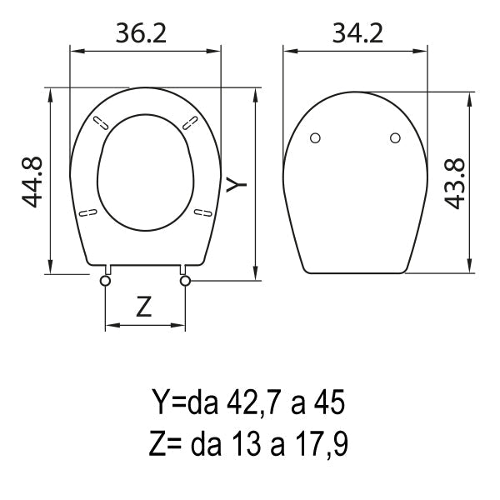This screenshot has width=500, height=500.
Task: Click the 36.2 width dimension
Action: click(141, 33)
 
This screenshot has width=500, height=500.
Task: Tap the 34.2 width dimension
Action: click(357, 33)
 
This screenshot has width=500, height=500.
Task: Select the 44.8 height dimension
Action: click(32, 182)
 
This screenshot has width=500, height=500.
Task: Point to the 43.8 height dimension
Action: click(455, 183)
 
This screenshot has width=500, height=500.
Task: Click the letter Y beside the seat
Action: click(237, 184)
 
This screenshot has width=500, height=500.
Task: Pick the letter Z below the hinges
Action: click(144, 307)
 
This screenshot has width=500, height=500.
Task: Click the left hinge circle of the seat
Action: click(105, 281)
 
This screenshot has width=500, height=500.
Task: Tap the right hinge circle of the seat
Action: click(185, 281)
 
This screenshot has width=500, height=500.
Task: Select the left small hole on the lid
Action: click(315, 138)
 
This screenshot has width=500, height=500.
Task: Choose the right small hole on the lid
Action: click(395, 138)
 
